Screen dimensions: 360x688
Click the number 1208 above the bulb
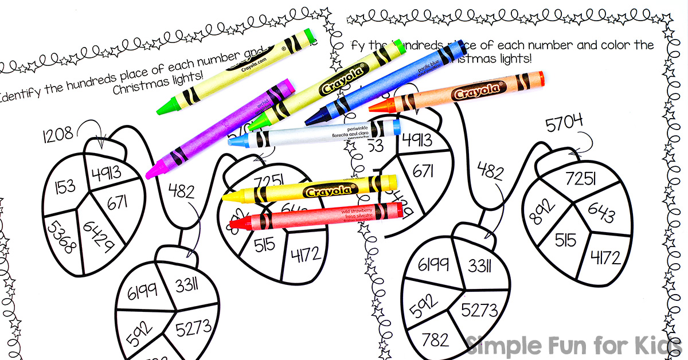(57, 135)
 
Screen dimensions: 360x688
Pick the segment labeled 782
(435, 339)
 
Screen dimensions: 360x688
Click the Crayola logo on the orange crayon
(475, 92)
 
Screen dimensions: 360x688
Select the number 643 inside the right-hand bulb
(600, 214)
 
